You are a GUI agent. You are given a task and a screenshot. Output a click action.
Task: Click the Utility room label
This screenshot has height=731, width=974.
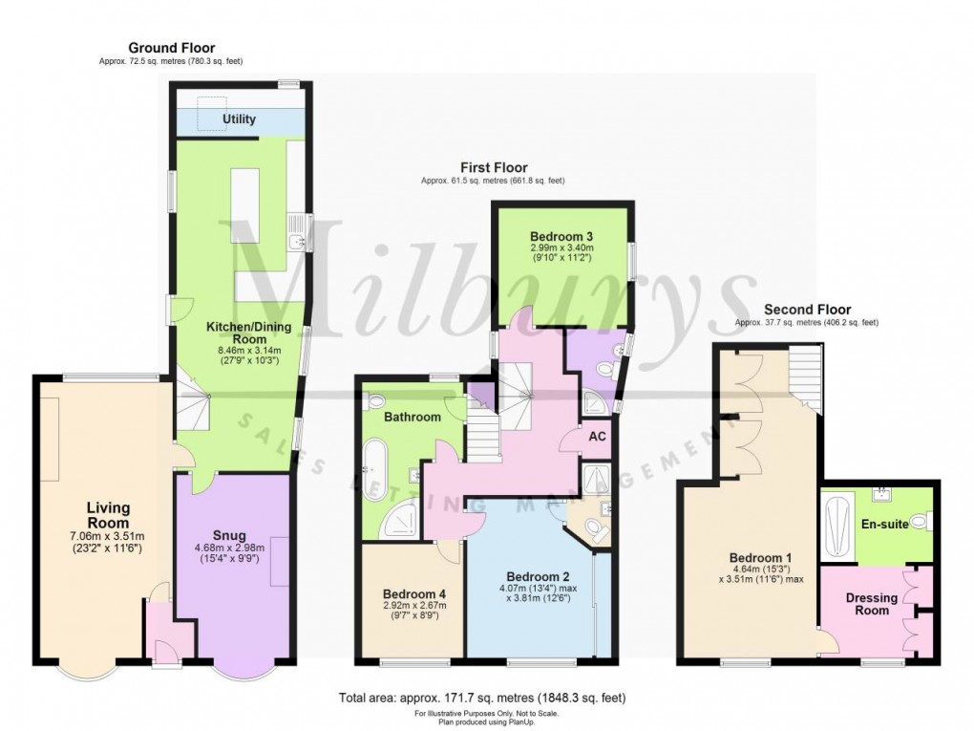(x=239, y=119)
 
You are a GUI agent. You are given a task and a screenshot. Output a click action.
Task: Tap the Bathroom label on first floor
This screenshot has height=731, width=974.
(x=413, y=417)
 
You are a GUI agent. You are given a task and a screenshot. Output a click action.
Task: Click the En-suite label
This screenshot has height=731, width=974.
(x=884, y=525)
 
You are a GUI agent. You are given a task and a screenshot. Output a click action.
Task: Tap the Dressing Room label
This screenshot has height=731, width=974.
(x=872, y=605)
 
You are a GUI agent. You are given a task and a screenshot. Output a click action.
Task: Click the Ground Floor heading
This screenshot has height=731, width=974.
(x=172, y=48)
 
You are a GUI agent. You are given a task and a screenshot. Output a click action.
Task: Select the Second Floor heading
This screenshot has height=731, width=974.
(x=807, y=310)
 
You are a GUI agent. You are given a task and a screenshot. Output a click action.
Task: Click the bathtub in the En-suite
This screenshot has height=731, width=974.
(x=837, y=527)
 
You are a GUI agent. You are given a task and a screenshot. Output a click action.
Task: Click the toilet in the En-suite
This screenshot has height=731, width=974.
(x=921, y=522)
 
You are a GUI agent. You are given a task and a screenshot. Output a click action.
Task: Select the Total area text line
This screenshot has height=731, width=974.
(x=482, y=697)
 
